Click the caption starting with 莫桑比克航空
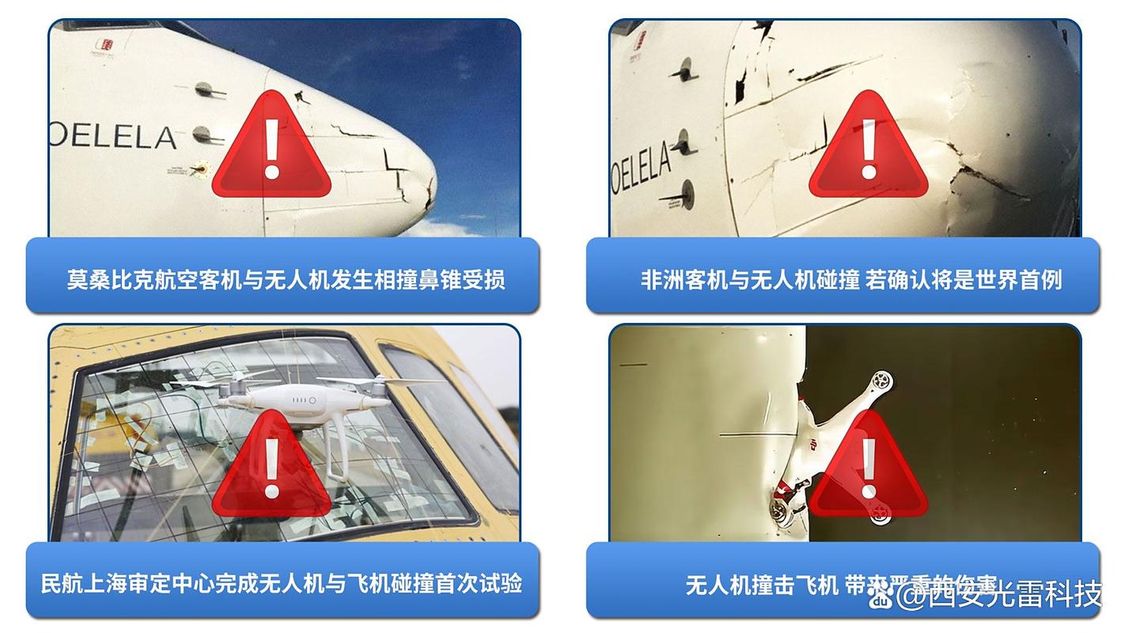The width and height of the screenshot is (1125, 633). tap(285, 279)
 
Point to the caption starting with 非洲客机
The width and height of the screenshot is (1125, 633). tap(850, 279)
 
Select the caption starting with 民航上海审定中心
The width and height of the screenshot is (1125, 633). tap(281, 584)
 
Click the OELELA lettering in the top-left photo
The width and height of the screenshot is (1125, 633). tap(112, 137)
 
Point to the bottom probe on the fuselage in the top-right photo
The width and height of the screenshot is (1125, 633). tap(682, 193)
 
